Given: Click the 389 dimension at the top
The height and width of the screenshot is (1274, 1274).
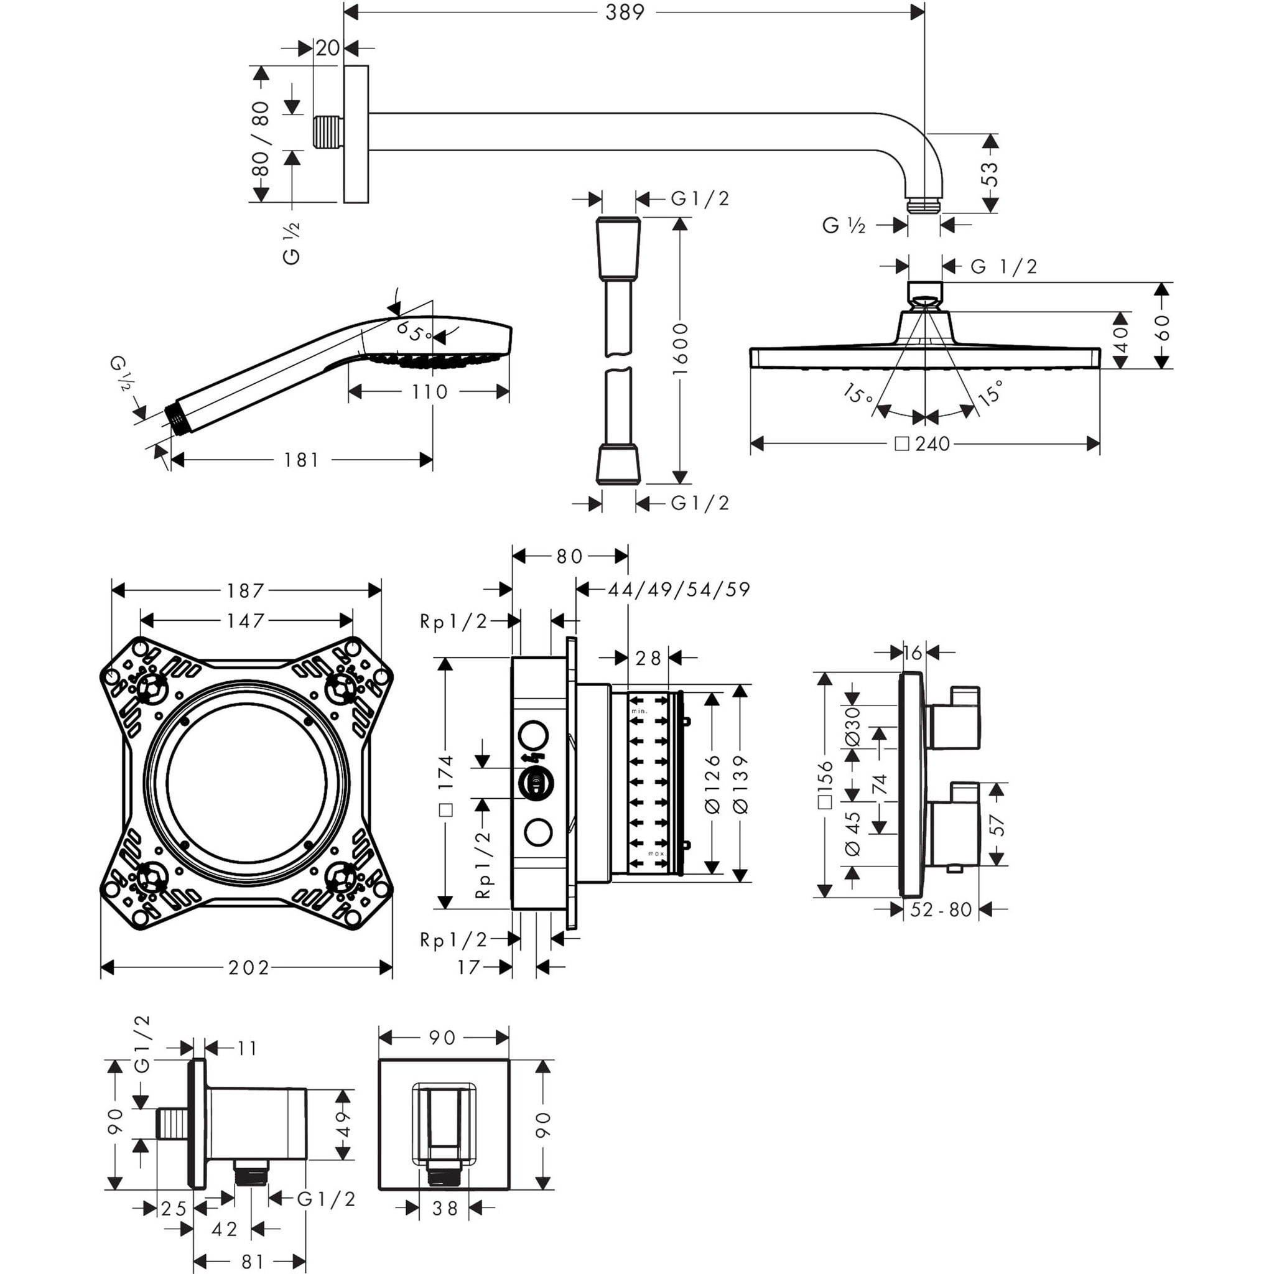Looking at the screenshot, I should point(624,12).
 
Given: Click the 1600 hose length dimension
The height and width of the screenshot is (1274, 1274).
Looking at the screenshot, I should point(680,349).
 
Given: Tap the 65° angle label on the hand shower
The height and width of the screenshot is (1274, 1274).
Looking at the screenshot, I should point(413,332).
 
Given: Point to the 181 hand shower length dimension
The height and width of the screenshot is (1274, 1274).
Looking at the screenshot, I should point(301,460).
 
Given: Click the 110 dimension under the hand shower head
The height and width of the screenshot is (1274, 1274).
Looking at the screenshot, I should point(429,392).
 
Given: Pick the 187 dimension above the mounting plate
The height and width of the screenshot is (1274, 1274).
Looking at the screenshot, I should point(245,590).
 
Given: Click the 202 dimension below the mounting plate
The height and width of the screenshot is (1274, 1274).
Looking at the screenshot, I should point(249,968).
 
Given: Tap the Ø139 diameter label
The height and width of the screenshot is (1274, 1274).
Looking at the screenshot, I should point(740,783).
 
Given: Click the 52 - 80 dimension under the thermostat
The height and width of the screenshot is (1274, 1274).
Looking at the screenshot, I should point(941,910).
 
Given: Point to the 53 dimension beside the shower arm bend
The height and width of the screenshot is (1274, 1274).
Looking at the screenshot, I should point(990,175).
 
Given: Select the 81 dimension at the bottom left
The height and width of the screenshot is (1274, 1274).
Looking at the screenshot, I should point(253,1262).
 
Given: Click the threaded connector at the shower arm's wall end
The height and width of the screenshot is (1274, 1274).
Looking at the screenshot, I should point(328,132).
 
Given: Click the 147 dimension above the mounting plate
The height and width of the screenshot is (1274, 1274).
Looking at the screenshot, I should point(245,620).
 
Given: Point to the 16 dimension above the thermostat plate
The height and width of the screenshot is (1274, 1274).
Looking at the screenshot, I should point(913,653).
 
